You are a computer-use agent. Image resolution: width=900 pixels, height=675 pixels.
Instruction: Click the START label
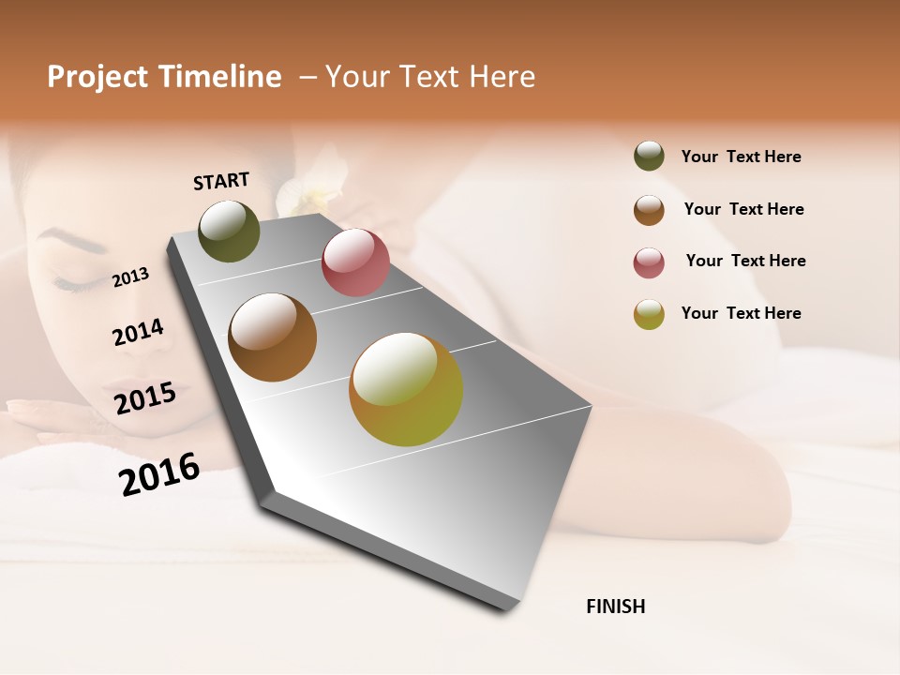[x=221, y=181]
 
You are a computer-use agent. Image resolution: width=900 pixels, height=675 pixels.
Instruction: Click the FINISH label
[x=615, y=607]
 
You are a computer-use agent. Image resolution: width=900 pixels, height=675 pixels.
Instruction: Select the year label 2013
[x=131, y=277]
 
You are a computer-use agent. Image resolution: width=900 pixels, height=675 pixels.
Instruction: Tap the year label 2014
[x=138, y=332]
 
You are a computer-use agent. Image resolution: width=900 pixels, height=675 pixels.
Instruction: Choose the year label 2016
[x=159, y=473]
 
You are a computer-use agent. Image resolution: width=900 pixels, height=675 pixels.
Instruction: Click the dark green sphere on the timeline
[x=229, y=231]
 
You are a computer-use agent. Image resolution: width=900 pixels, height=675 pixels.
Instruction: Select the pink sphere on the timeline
[x=355, y=262]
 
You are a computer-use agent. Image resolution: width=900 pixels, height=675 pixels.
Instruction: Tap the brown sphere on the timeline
[x=273, y=337]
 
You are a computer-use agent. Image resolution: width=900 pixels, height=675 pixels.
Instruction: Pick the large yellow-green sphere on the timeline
[x=406, y=389]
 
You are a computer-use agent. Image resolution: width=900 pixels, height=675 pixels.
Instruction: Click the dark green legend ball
[x=649, y=157]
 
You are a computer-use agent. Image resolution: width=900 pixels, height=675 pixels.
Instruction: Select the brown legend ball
[x=649, y=210]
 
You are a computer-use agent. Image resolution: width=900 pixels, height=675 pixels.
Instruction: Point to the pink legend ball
[x=649, y=262]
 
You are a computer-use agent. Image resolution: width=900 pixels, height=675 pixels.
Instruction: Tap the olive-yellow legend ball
[x=649, y=314]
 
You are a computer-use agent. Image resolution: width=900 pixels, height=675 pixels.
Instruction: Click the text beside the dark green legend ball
[x=741, y=157]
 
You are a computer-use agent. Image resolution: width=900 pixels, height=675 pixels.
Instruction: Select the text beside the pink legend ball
[x=745, y=261]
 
